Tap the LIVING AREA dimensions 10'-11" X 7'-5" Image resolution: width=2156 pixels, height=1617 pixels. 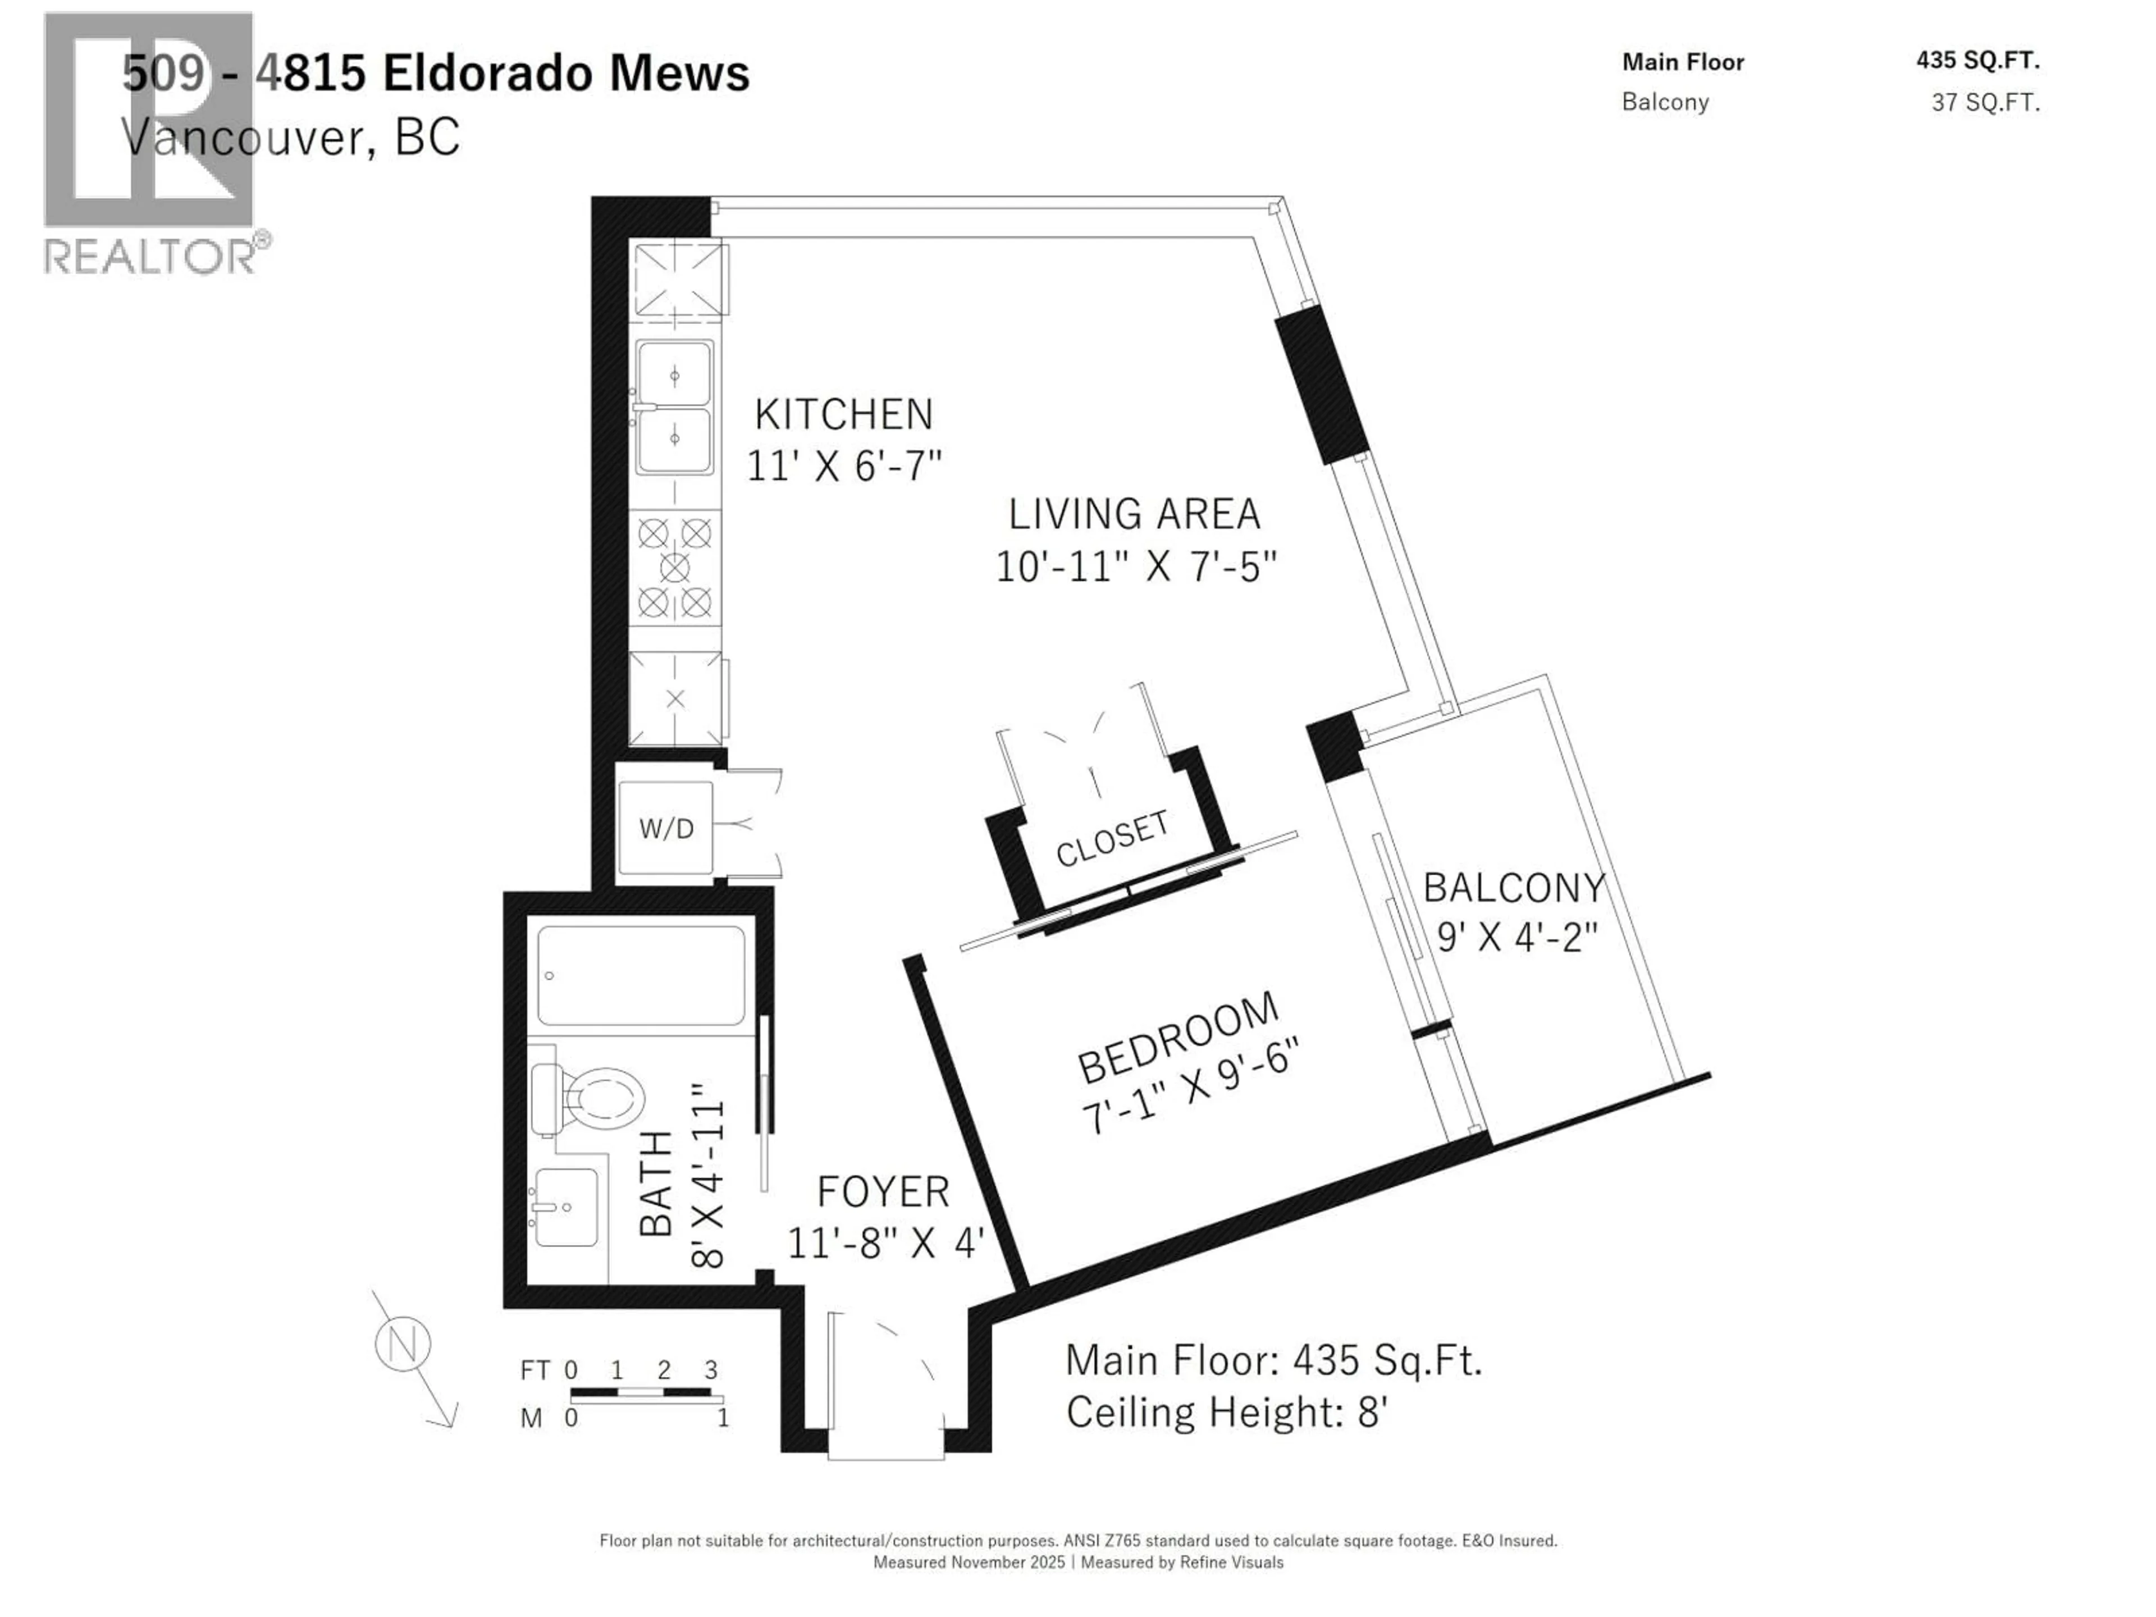pyautogui.click(x=1135, y=567)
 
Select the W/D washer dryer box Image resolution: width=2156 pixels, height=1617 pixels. pyautogui.click(x=666, y=829)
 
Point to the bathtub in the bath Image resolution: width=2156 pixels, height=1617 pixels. pyautogui.click(x=641, y=976)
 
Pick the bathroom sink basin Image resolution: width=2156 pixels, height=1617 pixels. pyautogui.click(x=565, y=1207)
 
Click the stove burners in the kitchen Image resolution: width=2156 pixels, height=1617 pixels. pyautogui.click(x=674, y=568)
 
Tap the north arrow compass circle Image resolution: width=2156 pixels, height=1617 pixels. pyautogui.click(x=403, y=1345)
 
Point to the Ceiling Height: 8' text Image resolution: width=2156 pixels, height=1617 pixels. pyautogui.click(x=1226, y=1412)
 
